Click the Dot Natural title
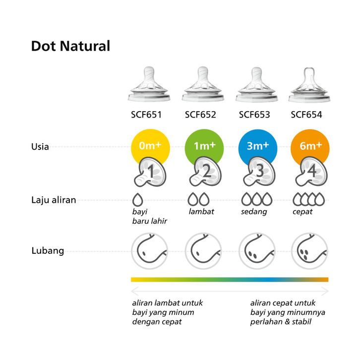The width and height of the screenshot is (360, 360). pyautogui.click(x=70, y=47)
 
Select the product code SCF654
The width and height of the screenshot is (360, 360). pyautogui.click(x=306, y=115)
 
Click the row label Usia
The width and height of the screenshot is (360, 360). pyautogui.click(x=40, y=147)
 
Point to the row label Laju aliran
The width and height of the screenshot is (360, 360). pyautogui.click(x=54, y=200)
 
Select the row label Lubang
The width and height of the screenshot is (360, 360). pyautogui.click(x=48, y=250)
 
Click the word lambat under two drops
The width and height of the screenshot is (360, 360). pyautogui.click(x=201, y=212)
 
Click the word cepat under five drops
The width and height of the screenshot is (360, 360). pyautogui.click(x=302, y=212)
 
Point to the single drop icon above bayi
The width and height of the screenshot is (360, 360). pyautogui.click(x=138, y=200)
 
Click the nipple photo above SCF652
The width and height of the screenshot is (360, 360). pyautogui.click(x=200, y=83)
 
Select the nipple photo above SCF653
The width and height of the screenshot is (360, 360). pyautogui.click(x=254, y=83)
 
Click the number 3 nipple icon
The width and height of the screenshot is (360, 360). pyautogui.click(x=258, y=172)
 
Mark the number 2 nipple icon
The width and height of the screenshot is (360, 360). pyautogui.click(x=205, y=172)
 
